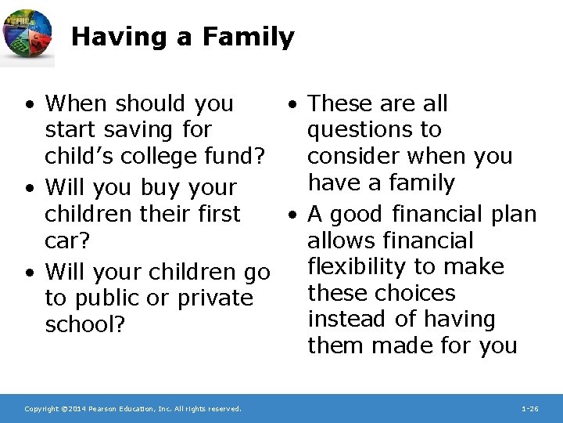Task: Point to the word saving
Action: click(x=141, y=130)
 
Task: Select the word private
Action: click(x=211, y=298)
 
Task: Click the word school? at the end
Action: click(x=85, y=325)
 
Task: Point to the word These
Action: click(x=340, y=103)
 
